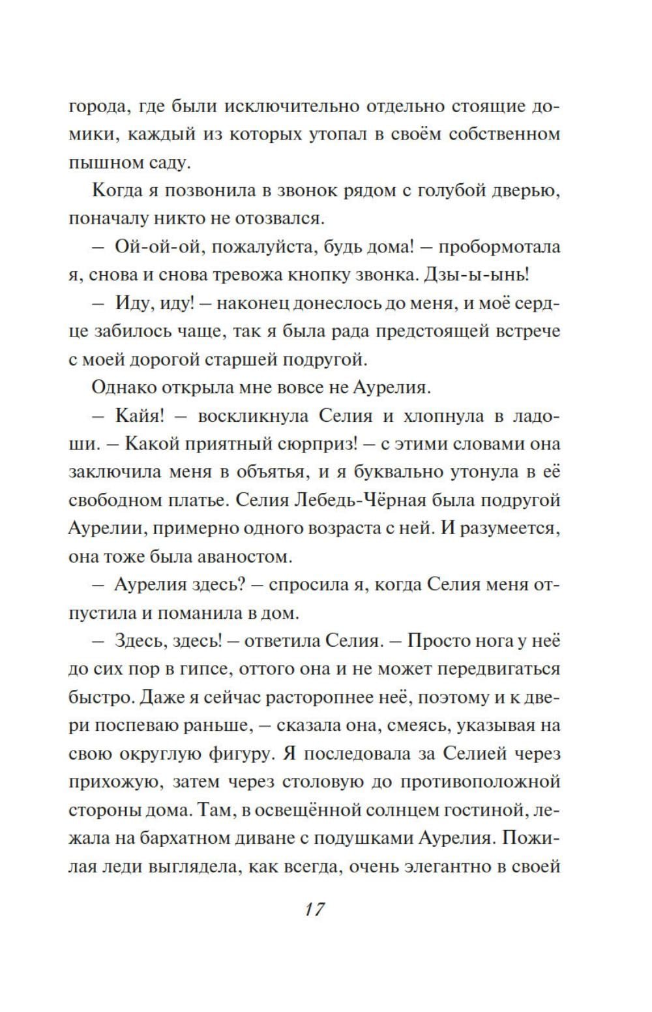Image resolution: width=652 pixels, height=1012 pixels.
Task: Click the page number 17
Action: (x=314, y=909)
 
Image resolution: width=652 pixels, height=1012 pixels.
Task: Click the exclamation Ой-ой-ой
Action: (x=152, y=247)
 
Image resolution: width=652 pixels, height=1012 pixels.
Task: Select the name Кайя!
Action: (x=143, y=415)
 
